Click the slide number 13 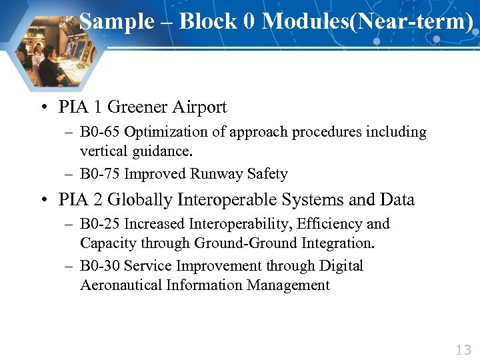click(463, 349)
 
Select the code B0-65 click(100, 132)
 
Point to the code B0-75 click(100, 175)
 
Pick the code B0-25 click(100, 224)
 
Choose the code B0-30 click(100, 266)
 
